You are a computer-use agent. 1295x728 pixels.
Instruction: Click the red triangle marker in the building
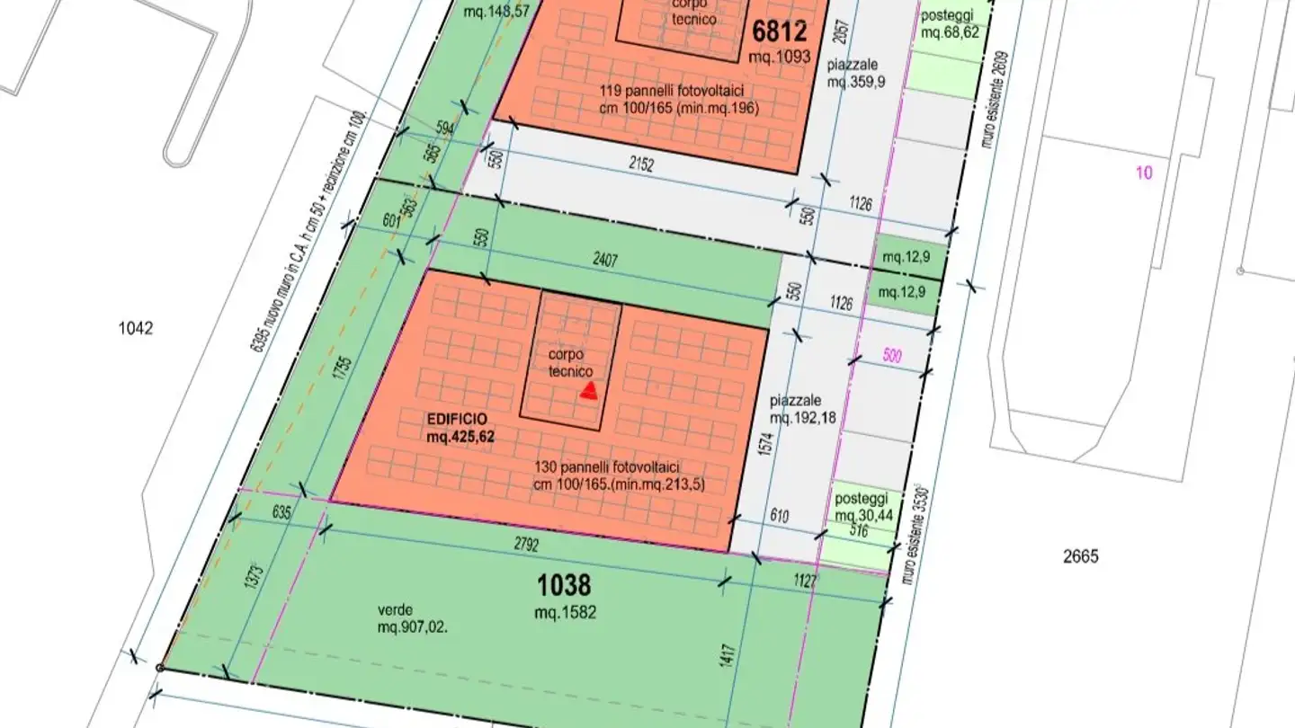[589, 390]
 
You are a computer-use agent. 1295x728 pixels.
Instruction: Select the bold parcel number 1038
[564, 587]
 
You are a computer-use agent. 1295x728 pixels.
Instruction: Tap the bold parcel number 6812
[780, 32]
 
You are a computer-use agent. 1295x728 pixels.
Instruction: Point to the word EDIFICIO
[457, 420]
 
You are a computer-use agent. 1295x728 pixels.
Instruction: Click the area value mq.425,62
[460, 437]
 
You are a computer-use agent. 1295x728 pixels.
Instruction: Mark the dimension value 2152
[640, 164]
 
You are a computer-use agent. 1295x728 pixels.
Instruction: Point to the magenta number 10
[1144, 173]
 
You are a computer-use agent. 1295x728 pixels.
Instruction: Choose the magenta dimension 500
[891, 354]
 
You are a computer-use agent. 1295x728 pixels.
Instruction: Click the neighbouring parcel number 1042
[136, 329]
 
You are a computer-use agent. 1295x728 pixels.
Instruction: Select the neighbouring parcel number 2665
[1080, 556]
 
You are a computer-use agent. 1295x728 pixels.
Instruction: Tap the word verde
[396, 610]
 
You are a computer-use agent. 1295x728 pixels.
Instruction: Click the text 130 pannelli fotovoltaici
[606, 467]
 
